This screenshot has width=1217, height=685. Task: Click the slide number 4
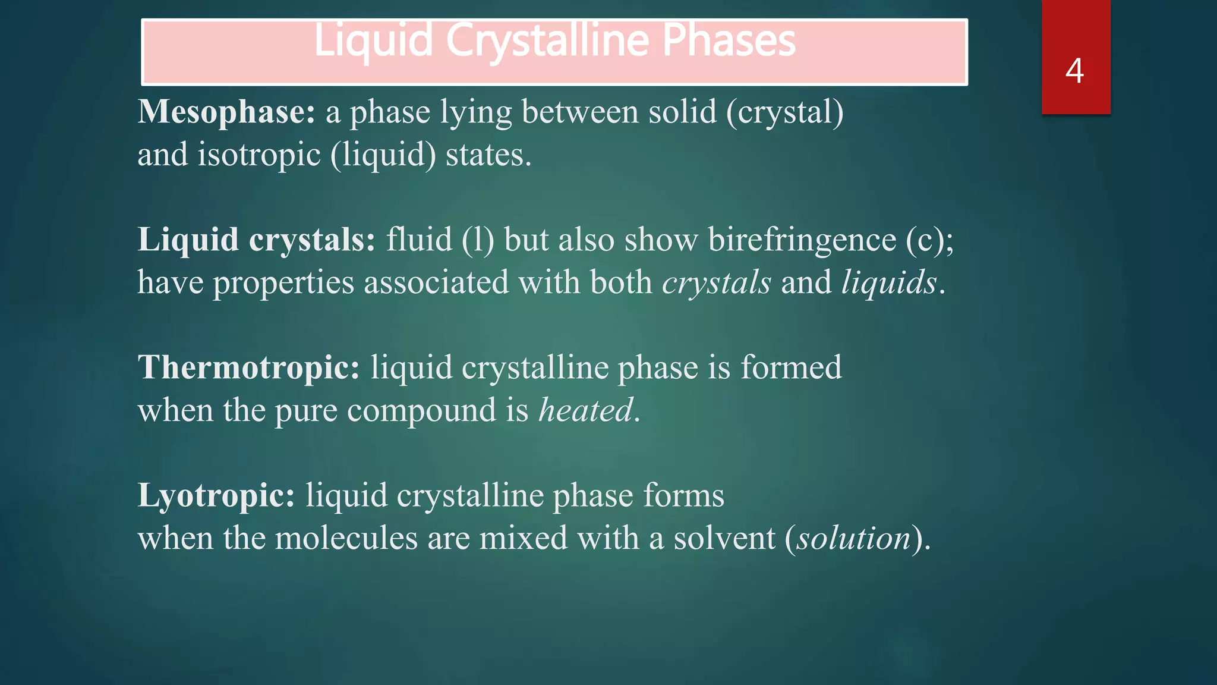point(1074,71)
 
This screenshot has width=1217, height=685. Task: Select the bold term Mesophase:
point(226,112)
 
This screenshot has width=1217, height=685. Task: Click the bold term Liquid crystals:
point(256,240)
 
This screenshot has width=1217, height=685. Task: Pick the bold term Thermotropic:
point(248,367)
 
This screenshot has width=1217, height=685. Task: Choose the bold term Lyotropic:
point(216,495)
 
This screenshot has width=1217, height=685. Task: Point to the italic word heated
point(585,410)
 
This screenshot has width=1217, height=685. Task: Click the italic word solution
point(853,538)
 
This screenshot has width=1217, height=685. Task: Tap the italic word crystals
point(717,282)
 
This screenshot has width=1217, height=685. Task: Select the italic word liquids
point(889,282)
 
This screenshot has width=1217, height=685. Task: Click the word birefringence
point(802,240)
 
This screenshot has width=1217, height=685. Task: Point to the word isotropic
point(259,155)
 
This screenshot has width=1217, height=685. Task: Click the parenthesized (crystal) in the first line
point(784,112)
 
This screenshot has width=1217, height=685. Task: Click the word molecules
point(346,538)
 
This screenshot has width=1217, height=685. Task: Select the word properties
point(283,282)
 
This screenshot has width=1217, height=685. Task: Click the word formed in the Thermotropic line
point(791,367)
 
